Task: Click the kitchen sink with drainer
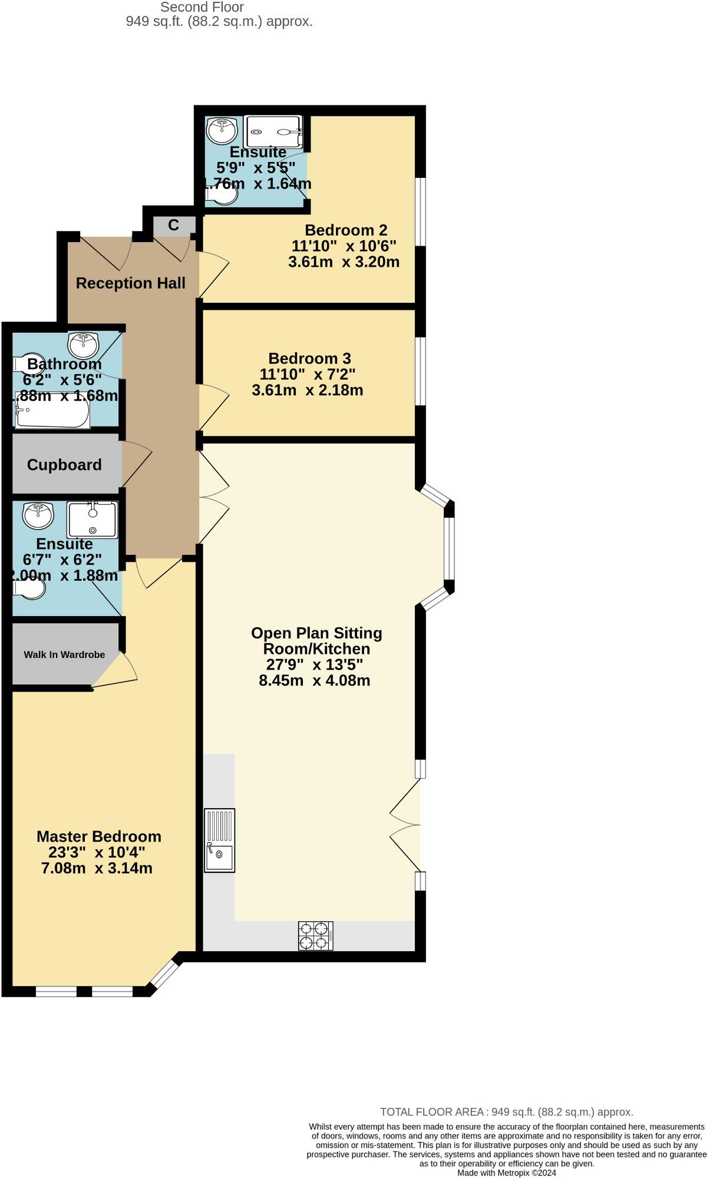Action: click(219, 840)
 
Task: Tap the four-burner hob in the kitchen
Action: click(315, 935)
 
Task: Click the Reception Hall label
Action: click(131, 283)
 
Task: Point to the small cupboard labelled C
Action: click(173, 225)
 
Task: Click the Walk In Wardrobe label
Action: click(64, 654)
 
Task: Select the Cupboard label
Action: click(64, 465)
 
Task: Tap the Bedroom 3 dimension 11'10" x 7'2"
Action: click(307, 374)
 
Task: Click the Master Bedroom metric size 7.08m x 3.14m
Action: click(97, 868)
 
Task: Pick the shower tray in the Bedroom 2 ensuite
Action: click(273, 131)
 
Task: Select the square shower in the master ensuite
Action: click(93, 519)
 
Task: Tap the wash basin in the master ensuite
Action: click(38, 515)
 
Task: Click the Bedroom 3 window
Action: click(420, 371)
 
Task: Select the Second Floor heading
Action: click(202, 7)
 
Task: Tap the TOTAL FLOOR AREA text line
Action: click(506, 1112)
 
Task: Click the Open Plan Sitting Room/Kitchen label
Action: click(316, 641)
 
